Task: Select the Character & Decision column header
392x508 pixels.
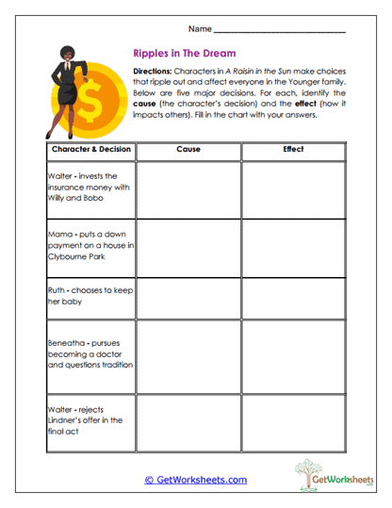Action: pyautogui.click(x=90, y=149)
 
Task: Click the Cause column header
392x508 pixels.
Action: pyautogui.click(x=188, y=149)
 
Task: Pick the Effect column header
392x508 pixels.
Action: pyautogui.click(x=293, y=149)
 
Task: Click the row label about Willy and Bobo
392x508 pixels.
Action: pyautogui.click(x=90, y=187)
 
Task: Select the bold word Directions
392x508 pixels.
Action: pyautogui.click(x=155, y=72)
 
